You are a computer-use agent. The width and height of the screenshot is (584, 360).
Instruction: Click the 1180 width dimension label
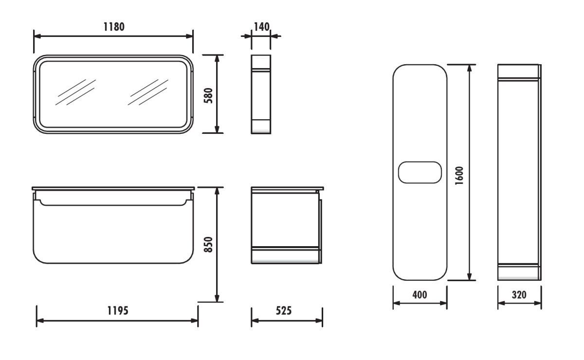point(114,27)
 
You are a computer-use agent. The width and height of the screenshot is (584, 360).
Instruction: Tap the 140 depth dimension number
point(261,27)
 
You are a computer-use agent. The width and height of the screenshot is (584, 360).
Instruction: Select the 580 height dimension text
point(209,96)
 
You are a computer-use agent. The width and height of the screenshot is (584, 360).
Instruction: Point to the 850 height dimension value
point(209,244)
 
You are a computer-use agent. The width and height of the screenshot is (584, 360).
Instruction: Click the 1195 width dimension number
point(118,310)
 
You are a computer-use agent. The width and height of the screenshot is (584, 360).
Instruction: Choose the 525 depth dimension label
point(284,310)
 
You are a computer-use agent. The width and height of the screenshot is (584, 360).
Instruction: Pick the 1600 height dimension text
point(459,176)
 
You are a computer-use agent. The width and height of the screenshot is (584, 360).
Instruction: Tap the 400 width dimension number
point(420,295)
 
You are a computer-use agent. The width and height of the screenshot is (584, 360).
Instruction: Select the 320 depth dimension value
point(519,295)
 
